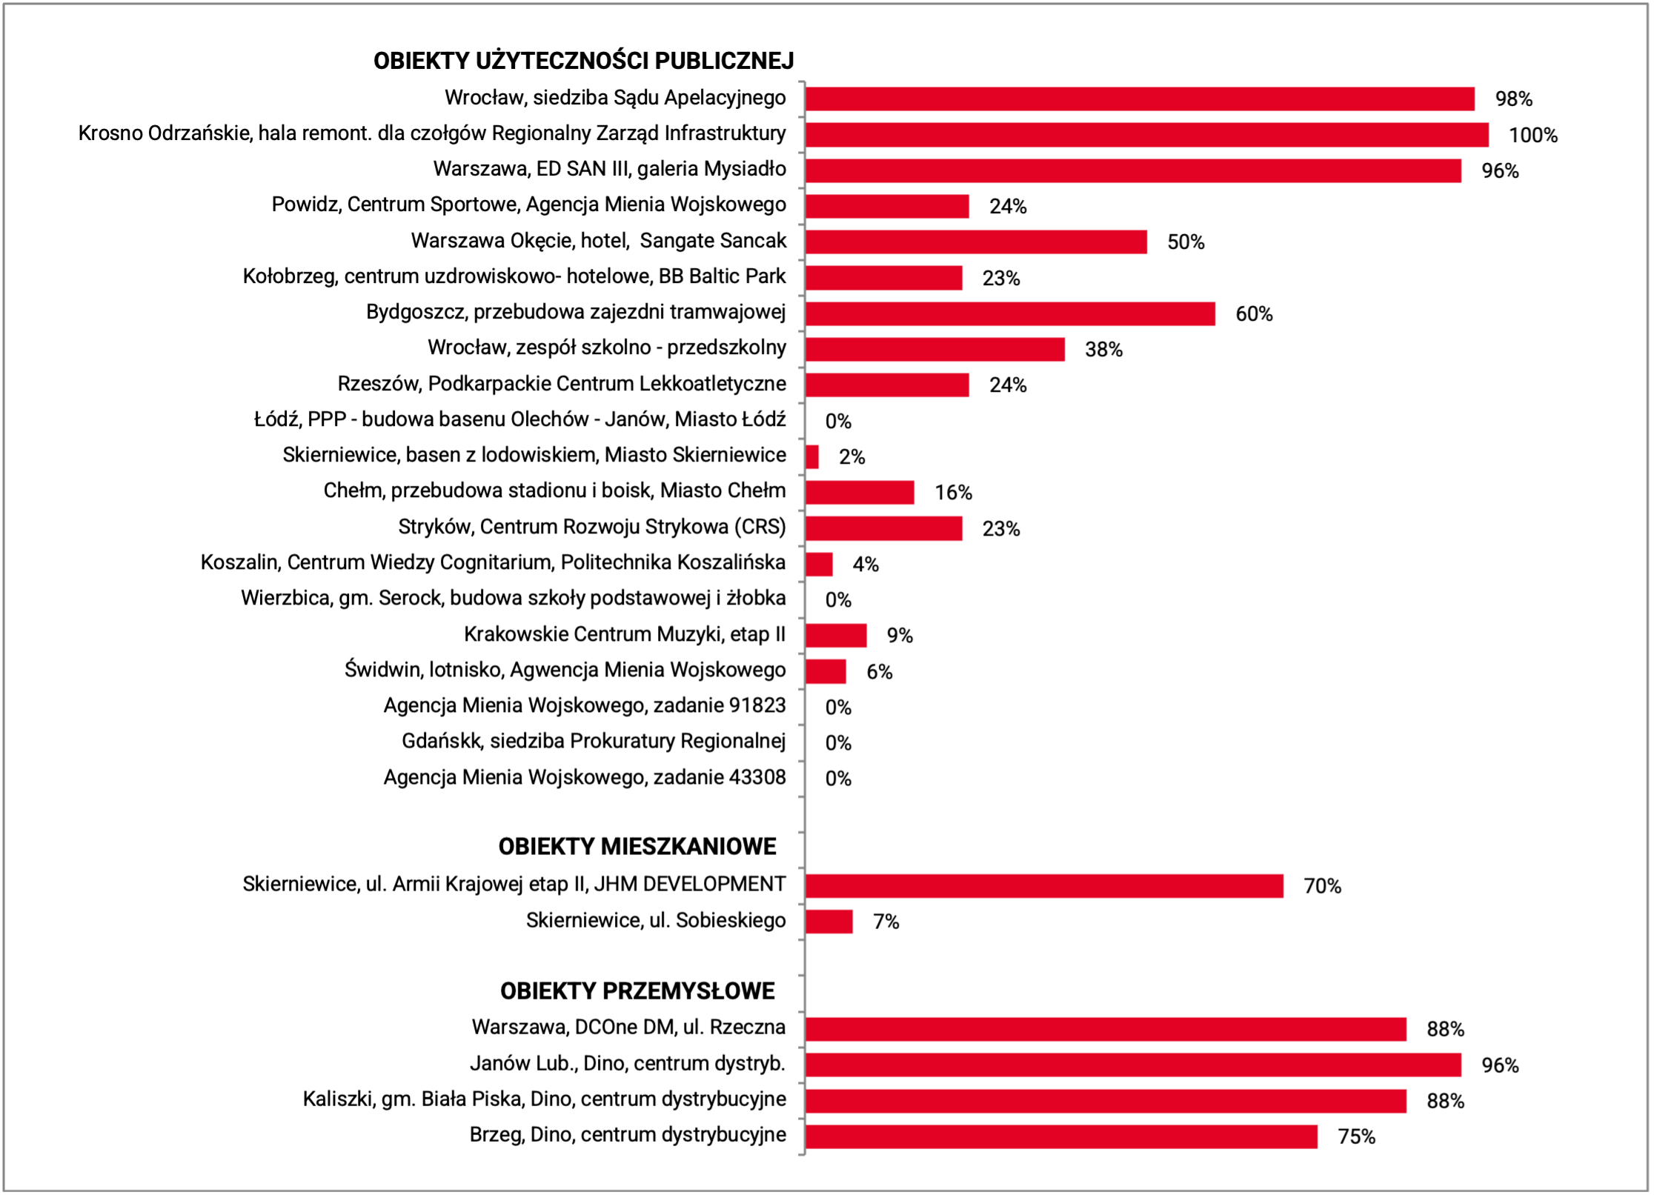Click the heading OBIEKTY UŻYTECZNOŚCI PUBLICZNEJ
(583, 61)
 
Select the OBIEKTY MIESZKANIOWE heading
(637, 846)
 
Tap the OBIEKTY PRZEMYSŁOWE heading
(637, 991)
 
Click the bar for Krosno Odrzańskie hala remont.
(1147, 135)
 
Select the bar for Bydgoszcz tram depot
(1011, 313)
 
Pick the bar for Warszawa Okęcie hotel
(977, 242)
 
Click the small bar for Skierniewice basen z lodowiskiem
(812, 456)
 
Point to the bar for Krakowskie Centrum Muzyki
(836, 636)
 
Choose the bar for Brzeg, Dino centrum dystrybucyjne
(1062, 1136)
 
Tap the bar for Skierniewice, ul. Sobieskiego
(829, 922)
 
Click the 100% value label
(1533, 136)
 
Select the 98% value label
(1514, 99)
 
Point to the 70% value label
(1323, 886)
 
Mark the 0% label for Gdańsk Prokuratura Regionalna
(838, 743)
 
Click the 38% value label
(1104, 350)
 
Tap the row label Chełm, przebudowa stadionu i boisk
(555, 490)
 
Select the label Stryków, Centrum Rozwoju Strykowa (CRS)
(592, 527)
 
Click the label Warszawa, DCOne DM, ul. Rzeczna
(629, 1027)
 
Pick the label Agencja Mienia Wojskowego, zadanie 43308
(585, 777)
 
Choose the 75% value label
(1357, 1137)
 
